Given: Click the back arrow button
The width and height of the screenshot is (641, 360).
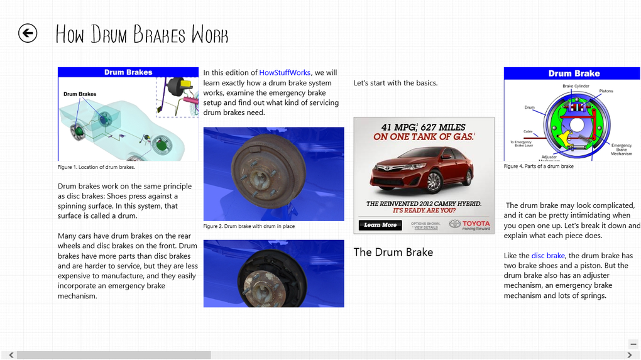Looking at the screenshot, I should pyautogui.click(x=28, y=33).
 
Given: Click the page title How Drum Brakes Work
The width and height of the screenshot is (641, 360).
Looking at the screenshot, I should pyautogui.click(x=142, y=35).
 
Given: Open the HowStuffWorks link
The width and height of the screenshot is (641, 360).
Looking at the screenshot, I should pyautogui.click(x=285, y=73).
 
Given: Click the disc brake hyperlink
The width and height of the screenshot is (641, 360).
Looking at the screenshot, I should pyautogui.click(x=548, y=256).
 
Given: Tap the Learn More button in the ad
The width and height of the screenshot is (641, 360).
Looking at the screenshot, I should pyautogui.click(x=380, y=225).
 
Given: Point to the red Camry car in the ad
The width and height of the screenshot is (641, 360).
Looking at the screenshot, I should pyautogui.click(x=421, y=168).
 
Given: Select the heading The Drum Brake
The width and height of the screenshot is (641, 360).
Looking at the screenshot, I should pyautogui.click(x=393, y=252).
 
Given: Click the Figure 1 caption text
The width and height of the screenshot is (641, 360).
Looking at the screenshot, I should pyautogui.click(x=96, y=167).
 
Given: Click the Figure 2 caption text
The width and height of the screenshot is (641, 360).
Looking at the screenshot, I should pyautogui.click(x=249, y=226).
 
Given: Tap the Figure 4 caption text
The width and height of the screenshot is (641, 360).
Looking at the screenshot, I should pyautogui.click(x=539, y=166).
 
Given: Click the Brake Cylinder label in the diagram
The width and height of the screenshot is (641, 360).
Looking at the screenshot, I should pyautogui.click(x=576, y=86).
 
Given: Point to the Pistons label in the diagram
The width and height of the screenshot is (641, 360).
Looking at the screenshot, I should pyautogui.click(x=606, y=91).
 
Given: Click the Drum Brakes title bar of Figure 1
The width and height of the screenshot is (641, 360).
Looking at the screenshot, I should pyautogui.click(x=128, y=72).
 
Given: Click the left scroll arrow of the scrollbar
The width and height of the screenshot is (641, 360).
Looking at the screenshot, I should pyautogui.click(x=11, y=355).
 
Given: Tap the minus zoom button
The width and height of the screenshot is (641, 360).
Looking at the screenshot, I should pyautogui.click(x=633, y=344).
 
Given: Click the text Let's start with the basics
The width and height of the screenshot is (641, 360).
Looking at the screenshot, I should pyautogui.click(x=395, y=83).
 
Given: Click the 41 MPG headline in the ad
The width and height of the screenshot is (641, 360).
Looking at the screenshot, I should pyautogui.click(x=424, y=128).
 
